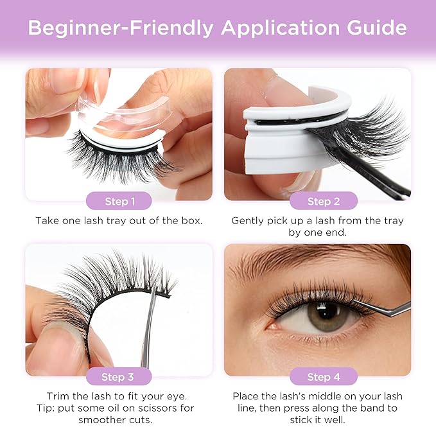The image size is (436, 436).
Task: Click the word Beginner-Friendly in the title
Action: tap(121, 28)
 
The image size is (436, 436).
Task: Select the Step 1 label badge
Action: tap(119, 201)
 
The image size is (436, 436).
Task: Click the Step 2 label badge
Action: tap(324, 201)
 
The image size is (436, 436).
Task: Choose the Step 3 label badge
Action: tap(119, 376)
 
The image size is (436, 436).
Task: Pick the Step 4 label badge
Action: tap(324, 376)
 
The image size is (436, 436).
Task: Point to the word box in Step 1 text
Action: tap(191, 220)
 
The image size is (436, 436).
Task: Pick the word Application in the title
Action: tap(280, 28)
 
